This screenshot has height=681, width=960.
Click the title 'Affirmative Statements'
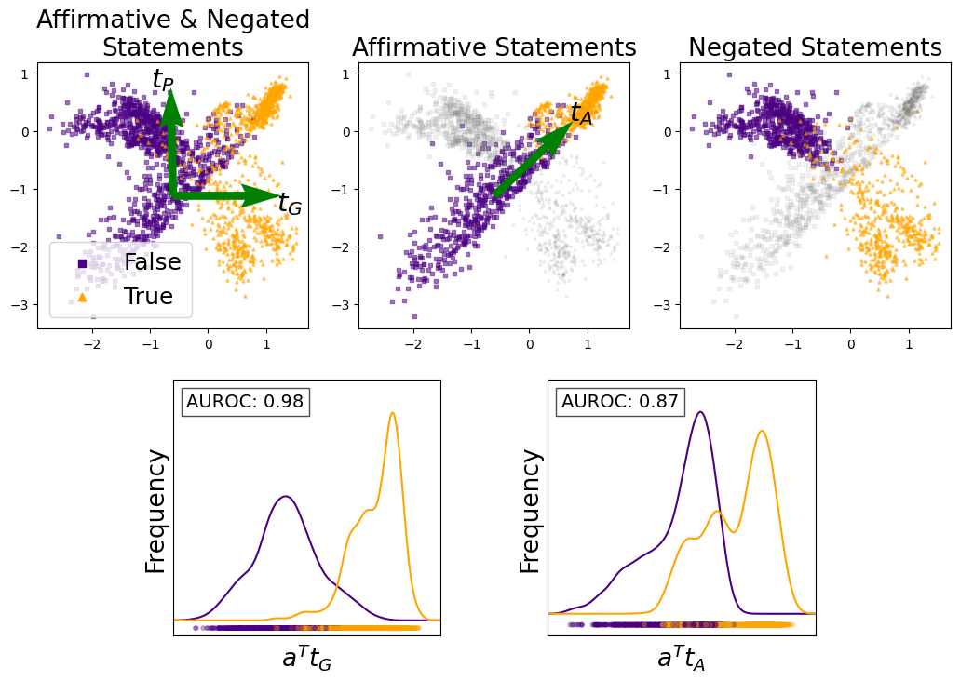[494, 48]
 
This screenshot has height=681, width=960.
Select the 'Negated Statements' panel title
[815, 48]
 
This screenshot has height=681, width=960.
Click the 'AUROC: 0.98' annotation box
[245, 402]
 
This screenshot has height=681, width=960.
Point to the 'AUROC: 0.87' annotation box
[620, 402]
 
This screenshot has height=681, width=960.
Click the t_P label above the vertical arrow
[163, 81]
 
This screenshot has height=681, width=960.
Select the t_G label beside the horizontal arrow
[290, 206]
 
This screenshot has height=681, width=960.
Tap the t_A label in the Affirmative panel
[581, 114]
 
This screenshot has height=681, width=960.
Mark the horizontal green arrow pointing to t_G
[223, 195]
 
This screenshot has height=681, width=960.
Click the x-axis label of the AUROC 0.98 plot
[306, 659]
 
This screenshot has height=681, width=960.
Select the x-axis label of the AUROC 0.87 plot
[682, 659]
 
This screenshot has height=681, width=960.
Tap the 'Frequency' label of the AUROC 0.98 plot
[156, 511]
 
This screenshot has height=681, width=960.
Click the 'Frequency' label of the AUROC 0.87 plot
[531, 511]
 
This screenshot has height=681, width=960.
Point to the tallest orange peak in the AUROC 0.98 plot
[393, 413]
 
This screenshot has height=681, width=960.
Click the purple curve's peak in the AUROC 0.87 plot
[700, 412]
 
